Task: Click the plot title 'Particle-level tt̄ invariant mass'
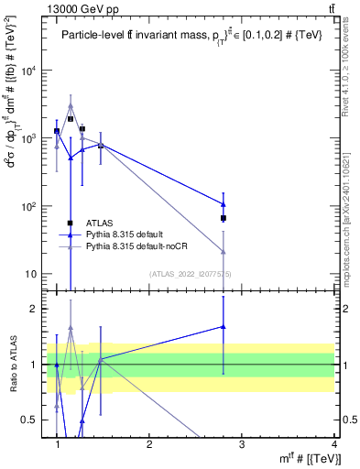click(x=147, y=36)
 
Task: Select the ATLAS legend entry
click(x=101, y=223)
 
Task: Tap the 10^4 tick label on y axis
click(x=31, y=71)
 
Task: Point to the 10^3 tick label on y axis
click(x=31, y=138)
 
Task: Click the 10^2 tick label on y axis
click(x=31, y=206)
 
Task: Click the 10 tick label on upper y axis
click(x=33, y=274)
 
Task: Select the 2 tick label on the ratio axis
click(x=37, y=309)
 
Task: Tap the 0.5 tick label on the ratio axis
click(x=33, y=420)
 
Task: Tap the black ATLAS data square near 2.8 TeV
click(x=224, y=218)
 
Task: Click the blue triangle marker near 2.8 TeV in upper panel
click(x=224, y=204)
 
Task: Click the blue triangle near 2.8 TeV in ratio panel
click(x=224, y=326)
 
